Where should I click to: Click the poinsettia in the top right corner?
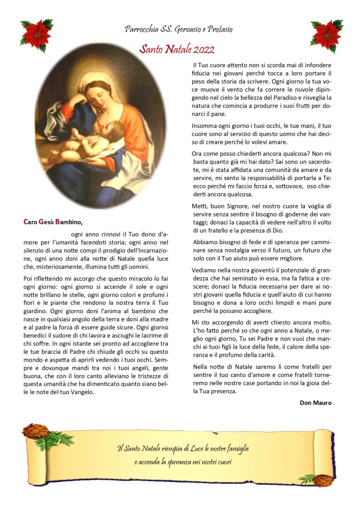[x=326, y=34]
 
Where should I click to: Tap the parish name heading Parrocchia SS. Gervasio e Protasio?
[x=179, y=29]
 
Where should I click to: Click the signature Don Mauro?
[x=316, y=403]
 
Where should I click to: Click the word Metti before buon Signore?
[x=199, y=206]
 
